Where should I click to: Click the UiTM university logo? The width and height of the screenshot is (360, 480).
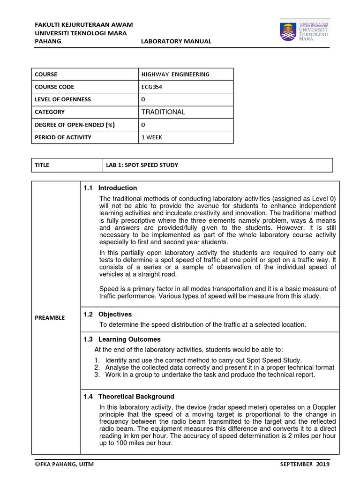pos(305,30)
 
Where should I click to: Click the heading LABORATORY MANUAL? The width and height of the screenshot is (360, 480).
pos(176,41)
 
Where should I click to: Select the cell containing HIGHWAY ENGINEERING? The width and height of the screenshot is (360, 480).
pos(175,74)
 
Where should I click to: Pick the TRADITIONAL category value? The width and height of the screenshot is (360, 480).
pos(163,112)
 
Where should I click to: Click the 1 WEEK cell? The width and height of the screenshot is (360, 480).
pos(152,137)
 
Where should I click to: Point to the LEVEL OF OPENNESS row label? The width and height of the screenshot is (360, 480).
pos(63,99)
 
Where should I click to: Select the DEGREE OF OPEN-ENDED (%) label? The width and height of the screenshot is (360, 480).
pos(75,125)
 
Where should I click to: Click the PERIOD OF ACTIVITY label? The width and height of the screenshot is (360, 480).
pos(63,137)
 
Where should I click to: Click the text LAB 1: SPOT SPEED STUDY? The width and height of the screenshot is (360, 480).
pos(142,165)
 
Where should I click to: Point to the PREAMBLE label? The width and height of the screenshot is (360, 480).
pos(50,317)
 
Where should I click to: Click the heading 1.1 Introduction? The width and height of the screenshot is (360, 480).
pos(110,188)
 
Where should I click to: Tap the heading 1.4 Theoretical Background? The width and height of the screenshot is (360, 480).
pos(129,396)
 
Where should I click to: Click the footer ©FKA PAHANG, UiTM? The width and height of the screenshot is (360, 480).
pos(66,464)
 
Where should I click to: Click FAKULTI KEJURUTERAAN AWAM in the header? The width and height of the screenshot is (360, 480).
pos(84,24)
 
